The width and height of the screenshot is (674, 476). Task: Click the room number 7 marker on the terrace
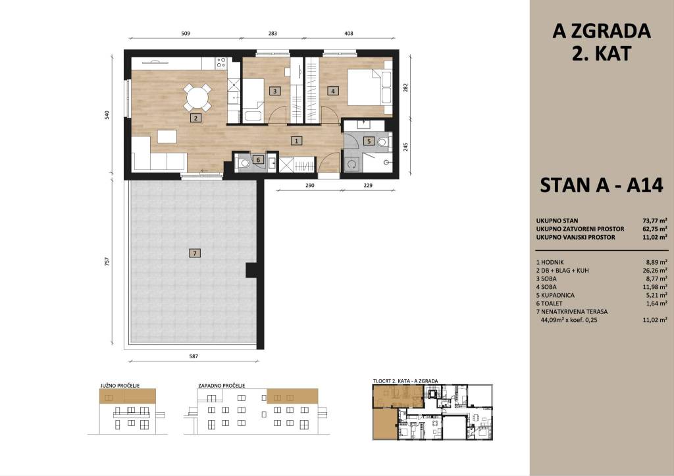[x=195, y=253]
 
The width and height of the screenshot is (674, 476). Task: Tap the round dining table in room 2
[x=197, y=97]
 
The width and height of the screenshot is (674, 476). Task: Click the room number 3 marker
[x=274, y=91]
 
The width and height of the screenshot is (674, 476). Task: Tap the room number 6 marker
[x=258, y=160]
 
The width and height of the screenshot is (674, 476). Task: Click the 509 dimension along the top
[x=186, y=33]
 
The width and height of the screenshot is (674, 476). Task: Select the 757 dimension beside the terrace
[x=107, y=261]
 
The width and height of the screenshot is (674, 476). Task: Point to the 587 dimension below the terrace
[x=194, y=356]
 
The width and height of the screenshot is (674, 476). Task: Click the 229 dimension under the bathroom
[x=368, y=185]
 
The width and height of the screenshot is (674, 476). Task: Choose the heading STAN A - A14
[x=602, y=185]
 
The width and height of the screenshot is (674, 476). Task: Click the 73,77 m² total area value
[x=655, y=221]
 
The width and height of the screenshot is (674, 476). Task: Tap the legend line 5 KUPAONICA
[x=556, y=295]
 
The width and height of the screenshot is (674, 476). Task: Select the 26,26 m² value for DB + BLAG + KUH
[x=655, y=271]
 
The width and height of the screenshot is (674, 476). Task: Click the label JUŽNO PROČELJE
[x=120, y=386]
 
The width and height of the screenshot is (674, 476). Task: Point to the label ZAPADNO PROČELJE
[x=222, y=386]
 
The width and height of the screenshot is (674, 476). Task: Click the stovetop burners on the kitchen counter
[x=221, y=63]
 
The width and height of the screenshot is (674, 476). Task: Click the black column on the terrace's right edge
[x=251, y=270]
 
